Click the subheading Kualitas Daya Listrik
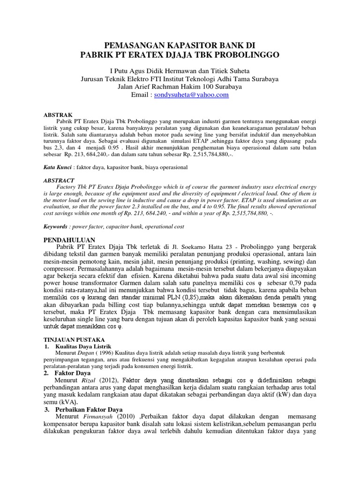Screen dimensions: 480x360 coord(85,345)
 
